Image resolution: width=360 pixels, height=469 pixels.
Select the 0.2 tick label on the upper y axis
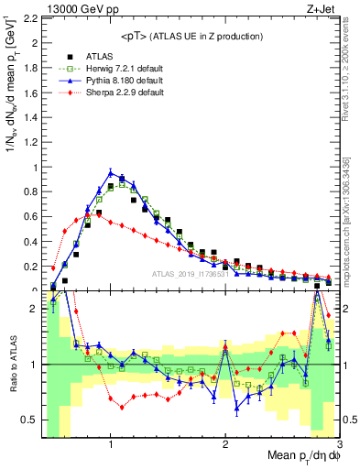pos(30,267)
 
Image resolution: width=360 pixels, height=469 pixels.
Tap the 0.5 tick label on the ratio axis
pos(30,420)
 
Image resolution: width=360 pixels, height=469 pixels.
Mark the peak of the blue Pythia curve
pos(111,172)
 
